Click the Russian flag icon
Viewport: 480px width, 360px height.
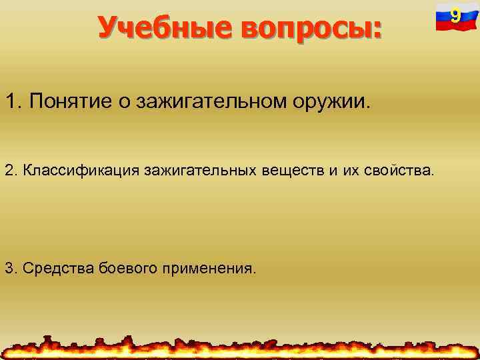click(x=453, y=17)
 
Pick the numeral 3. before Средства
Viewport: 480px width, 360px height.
click(x=11, y=268)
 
